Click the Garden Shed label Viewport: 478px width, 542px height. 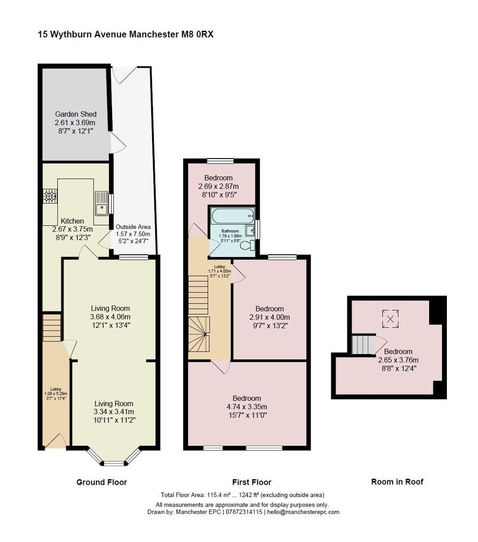click(75, 114)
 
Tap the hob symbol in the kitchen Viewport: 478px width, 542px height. click(50, 196)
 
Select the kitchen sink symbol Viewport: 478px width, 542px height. click(101, 204)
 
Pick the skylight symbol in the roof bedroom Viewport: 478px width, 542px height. click(390, 318)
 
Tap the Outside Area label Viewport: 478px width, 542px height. click(133, 227)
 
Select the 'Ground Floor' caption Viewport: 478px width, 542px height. click(102, 482)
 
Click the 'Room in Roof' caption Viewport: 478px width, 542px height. click(397, 481)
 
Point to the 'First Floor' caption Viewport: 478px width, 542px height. click(252, 482)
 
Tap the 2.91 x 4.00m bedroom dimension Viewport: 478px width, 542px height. click(269, 317)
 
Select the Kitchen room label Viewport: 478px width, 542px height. click(72, 221)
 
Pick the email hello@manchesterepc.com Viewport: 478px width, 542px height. click(304, 512)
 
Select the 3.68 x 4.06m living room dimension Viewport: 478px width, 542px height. click(110, 317)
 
